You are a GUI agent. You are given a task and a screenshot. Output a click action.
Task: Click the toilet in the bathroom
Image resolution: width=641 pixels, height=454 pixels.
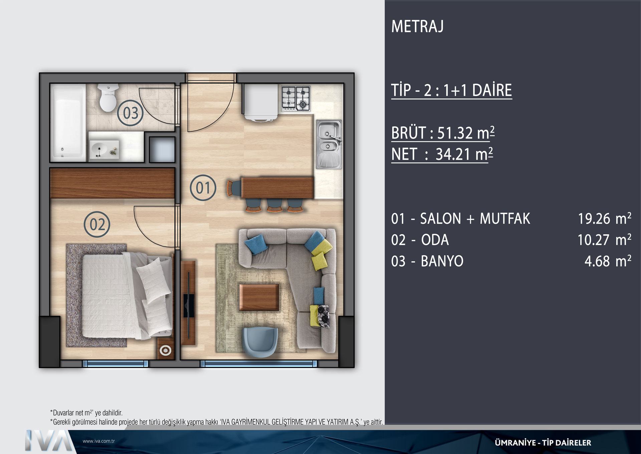[108, 97]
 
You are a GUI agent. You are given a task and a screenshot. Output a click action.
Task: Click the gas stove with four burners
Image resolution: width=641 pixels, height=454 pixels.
[296, 99]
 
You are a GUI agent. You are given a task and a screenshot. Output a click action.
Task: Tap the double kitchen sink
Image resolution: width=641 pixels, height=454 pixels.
[329, 144]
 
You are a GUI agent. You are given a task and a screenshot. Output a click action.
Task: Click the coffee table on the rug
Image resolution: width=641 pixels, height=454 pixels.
[259, 297]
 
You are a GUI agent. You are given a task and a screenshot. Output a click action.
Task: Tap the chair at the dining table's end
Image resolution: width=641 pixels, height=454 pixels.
[234, 188]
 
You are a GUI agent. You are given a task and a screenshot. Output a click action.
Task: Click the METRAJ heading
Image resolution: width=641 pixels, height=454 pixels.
[417, 26]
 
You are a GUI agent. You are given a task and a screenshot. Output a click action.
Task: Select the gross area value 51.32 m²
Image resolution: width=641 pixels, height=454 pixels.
[466, 133]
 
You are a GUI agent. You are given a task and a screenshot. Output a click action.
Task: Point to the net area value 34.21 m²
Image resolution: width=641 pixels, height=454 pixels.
[464, 154]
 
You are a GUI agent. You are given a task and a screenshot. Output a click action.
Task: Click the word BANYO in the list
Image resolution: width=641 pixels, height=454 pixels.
[442, 261]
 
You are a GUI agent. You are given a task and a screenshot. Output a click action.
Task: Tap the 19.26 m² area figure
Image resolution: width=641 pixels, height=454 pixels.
[605, 218]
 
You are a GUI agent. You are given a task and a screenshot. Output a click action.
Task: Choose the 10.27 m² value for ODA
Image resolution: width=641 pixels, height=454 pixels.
[605, 240]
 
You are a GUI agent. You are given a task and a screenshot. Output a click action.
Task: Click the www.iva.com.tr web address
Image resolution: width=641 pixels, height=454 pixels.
[99, 441]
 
